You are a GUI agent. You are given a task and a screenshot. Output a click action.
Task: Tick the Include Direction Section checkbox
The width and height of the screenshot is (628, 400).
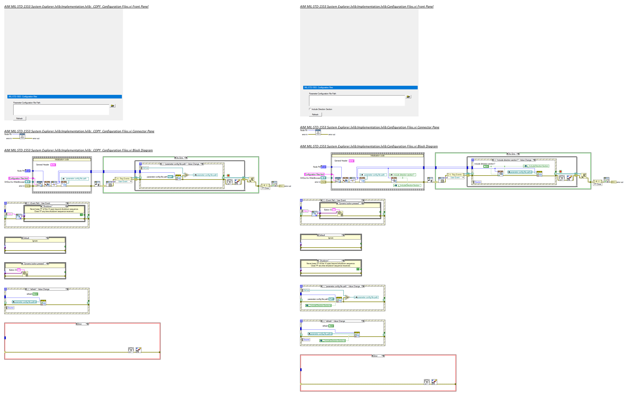pyautogui.click(x=310, y=109)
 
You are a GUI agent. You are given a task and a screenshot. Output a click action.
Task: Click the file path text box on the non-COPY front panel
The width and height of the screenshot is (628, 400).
pyautogui.click(x=357, y=101)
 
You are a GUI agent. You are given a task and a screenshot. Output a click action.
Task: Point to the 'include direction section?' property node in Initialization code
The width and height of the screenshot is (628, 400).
pyautogui.click(x=402, y=175)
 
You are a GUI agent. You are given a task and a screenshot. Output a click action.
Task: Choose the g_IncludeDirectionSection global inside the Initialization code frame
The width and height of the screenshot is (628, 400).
pyautogui.click(x=407, y=186)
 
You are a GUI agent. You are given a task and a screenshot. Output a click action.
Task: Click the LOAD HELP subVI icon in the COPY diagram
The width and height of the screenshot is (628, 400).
pyautogui.click(x=39, y=184)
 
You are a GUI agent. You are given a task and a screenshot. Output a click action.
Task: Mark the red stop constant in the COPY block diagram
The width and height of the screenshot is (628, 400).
pyautogui.click(x=228, y=176)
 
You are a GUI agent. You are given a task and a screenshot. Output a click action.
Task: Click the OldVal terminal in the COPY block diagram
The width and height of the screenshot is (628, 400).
pyautogui.click(x=145, y=168)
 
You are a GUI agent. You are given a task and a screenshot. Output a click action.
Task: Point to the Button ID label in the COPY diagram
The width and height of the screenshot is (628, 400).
pyautogui.click(x=13, y=270)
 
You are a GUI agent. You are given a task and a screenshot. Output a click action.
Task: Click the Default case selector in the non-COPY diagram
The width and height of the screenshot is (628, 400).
pyautogui.click(x=331, y=235)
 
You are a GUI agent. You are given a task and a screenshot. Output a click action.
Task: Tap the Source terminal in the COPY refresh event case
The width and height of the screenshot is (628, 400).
pyautogui.click(x=10, y=308)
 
